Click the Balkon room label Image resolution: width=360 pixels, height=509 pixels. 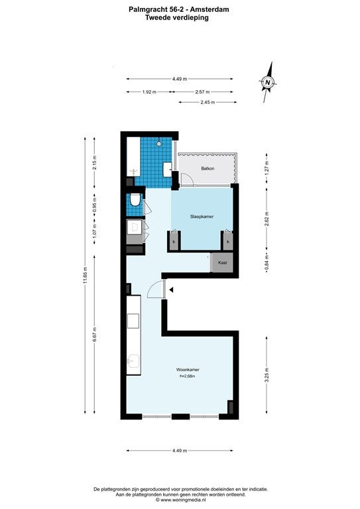click(208, 168)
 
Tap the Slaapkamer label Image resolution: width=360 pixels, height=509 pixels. click(202, 216)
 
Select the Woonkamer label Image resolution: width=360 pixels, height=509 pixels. click(188, 369)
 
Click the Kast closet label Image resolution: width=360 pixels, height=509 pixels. click(222, 262)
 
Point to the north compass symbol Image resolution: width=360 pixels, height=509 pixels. click(268, 82)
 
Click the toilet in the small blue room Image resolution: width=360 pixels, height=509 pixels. click(135, 200)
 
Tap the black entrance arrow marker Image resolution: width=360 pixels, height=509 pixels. click(171, 290)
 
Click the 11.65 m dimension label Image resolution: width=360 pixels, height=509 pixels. click(85, 275)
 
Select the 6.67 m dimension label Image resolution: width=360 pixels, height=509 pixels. click(94, 334)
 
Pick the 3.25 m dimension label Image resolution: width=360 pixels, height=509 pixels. click(267, 375)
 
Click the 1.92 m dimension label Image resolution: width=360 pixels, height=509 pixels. click(149, 92)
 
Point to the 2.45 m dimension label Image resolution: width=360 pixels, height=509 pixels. click(208, 102)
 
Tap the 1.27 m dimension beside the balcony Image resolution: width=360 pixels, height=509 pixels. click(267, 168)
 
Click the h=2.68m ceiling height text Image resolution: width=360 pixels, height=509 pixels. click(188, 376)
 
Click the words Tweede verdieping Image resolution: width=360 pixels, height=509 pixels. click(177, 17)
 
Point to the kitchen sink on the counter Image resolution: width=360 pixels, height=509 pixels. click(133, 361)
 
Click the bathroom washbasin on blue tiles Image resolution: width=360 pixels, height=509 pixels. click(168, 170)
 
